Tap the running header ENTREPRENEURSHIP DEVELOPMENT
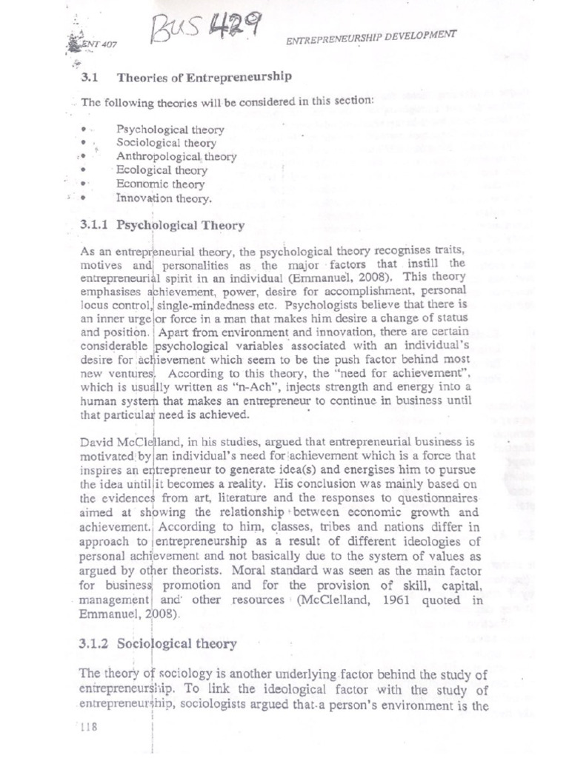point(371,38)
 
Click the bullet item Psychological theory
point(170,130)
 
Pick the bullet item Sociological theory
point(167,143)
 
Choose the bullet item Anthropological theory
point(176,157)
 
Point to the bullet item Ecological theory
point(162,170)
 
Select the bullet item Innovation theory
point(164,198)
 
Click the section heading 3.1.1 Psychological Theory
point(162,225)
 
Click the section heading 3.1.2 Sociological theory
point(158,644)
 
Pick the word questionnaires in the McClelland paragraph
point(432,497)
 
